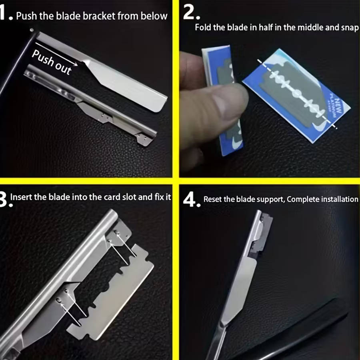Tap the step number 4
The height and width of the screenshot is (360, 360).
point(191,199)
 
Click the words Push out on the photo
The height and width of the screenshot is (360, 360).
point(52,62)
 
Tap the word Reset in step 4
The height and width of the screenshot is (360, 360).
point(213,199)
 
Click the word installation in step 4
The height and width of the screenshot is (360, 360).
point(338,199)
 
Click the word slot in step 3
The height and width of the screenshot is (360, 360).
point(130,197)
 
